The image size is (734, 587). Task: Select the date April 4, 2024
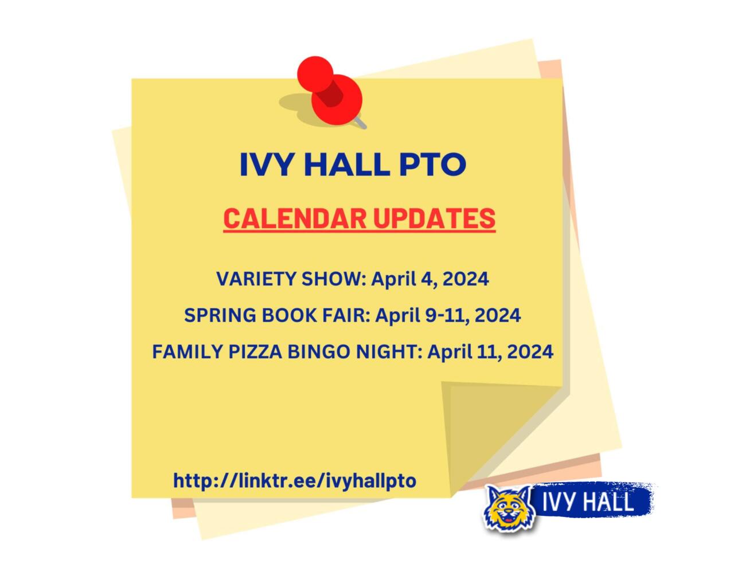[430, 279]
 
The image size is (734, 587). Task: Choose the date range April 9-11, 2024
[448, 315]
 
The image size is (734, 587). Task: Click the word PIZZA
[255, 351]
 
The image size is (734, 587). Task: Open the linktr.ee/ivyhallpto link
[295, 480]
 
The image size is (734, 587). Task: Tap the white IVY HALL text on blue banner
[588, 502]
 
